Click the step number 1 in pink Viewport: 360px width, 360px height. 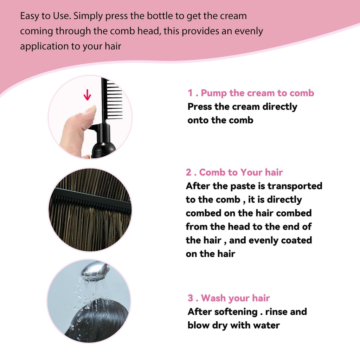pos(190,93)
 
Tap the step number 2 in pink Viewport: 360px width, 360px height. pos(189,172)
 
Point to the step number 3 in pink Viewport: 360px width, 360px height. pos(191,298)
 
